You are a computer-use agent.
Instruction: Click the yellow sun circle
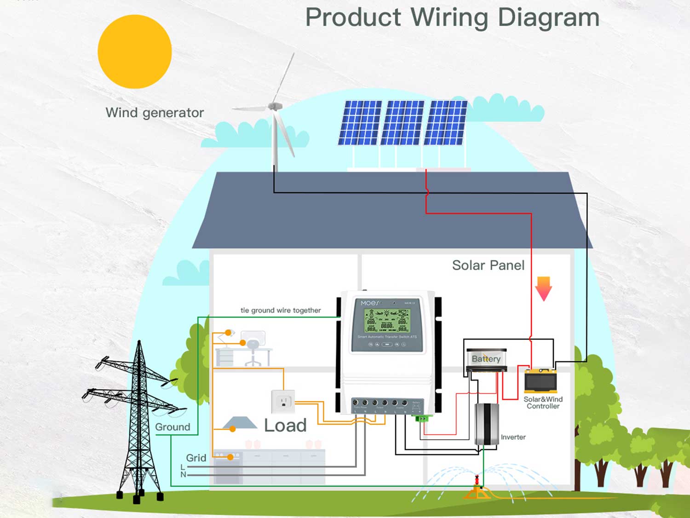click(x=135, y=52)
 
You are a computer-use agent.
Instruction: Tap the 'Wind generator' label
click(x=155, y=113)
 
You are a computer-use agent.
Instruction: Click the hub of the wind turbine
click(x=275, y=107)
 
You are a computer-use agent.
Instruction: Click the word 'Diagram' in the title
click(x=548, y=17)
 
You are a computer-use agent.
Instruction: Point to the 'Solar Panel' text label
click(x=488, y=265)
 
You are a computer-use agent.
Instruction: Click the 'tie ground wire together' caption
click(x=281, y=311)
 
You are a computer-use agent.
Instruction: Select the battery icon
click(x=486, y=359)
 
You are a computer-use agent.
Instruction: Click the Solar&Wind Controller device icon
click(x=541, y=381)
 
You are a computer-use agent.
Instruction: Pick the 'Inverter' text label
click(x=513, y=437)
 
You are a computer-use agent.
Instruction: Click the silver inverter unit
click(x=487, y=424)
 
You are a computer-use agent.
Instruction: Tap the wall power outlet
click(x=283, y=401)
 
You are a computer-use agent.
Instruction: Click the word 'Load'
click(x=285, y=426)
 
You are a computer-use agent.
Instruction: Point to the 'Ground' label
click(x=172, y=427)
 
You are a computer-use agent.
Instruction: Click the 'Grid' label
click(x=196, y=458)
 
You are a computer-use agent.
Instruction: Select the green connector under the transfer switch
click(x=422, y=419)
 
